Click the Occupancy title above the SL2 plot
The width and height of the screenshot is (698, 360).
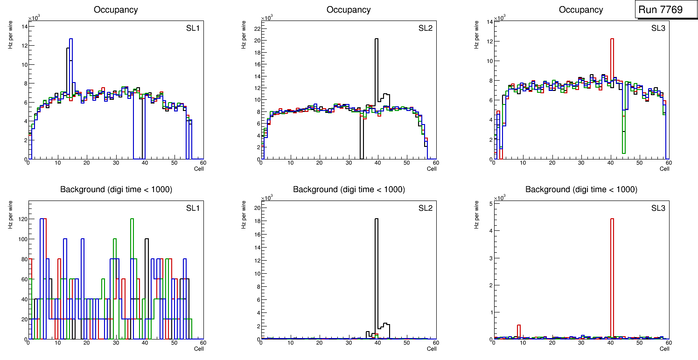pos(349,10)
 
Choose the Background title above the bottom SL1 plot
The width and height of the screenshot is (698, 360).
pos(116,189)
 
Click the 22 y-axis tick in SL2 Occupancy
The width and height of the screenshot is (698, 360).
pos(256,28)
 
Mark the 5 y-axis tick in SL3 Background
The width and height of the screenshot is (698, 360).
pos(490,203)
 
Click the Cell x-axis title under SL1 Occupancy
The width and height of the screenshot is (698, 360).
pos(199,168)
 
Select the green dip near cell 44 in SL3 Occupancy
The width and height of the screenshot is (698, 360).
pos(623,140)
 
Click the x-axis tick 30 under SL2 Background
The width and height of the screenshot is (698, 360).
pos(349,343)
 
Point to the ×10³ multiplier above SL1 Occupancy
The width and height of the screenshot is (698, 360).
pos(34,19)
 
